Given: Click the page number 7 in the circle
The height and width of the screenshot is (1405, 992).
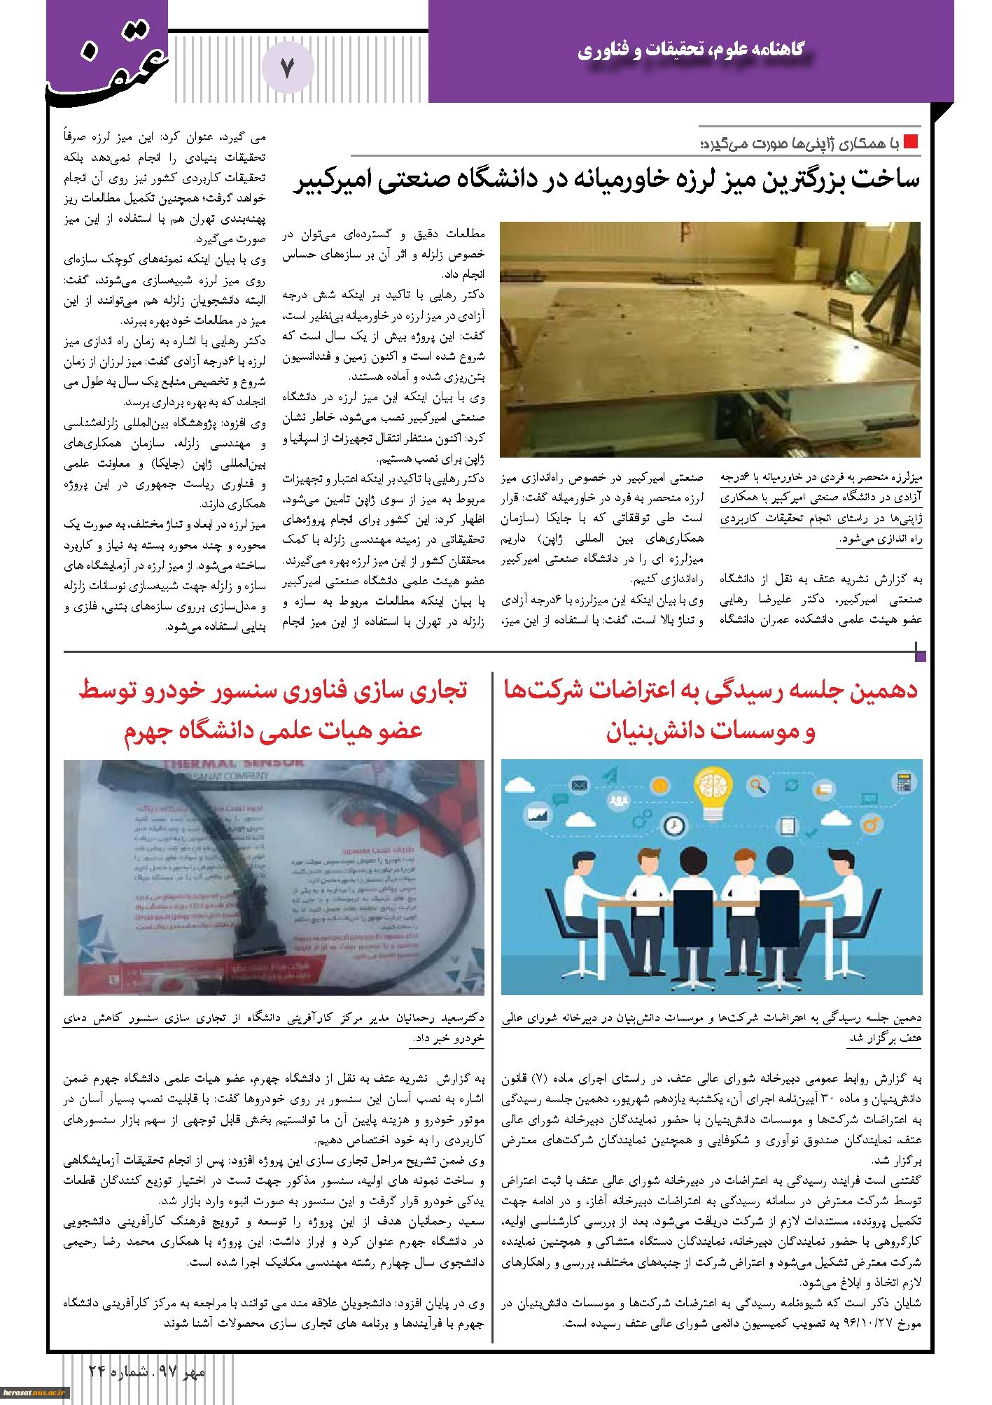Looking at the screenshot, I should (288, 68).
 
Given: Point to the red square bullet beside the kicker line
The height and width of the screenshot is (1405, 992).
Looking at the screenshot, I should (911, 142).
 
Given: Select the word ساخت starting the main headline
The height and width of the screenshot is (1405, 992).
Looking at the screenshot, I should (887, 180).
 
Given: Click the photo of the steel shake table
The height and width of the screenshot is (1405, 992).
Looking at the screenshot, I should (711, 339).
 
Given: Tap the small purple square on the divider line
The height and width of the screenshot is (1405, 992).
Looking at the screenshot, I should (921, 656).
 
